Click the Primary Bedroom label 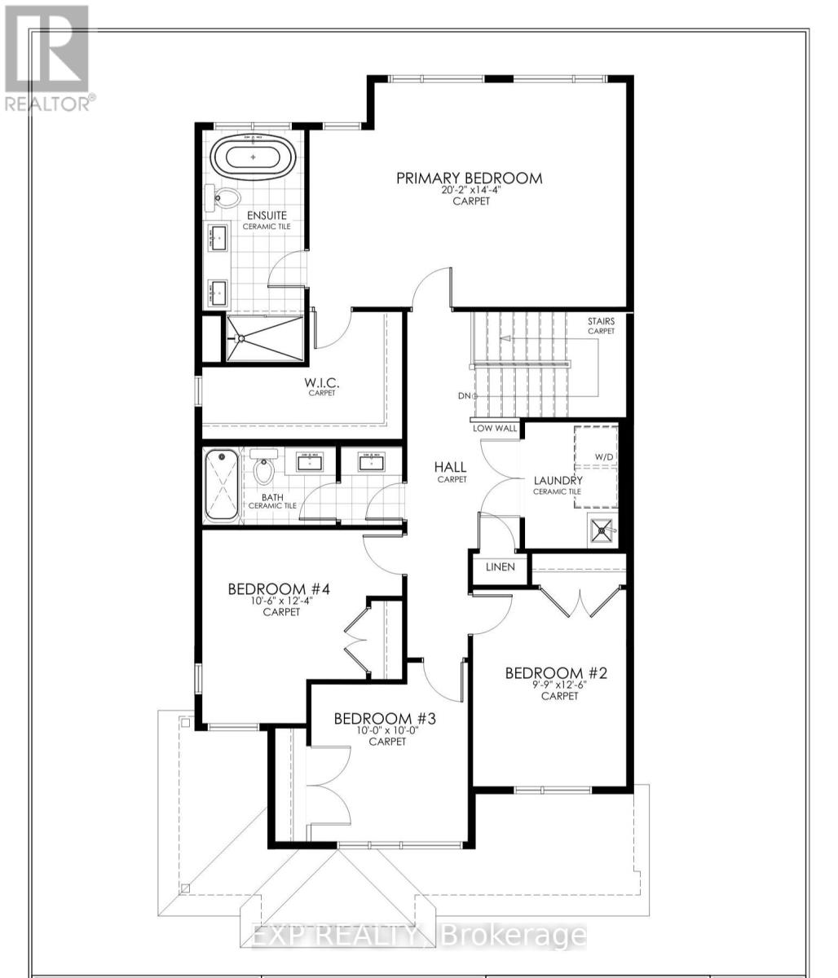(469, 178)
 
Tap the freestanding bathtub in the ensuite (253, 156)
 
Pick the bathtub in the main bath (221, 487)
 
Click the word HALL (450, 467)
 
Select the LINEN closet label (500, 566)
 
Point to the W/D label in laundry (604, 456)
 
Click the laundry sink (602, 531)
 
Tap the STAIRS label (601, 321)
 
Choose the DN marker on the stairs (465, 396)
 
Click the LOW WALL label (494, 428)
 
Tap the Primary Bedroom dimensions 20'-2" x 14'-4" (470, 190)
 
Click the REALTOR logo (47, 57)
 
